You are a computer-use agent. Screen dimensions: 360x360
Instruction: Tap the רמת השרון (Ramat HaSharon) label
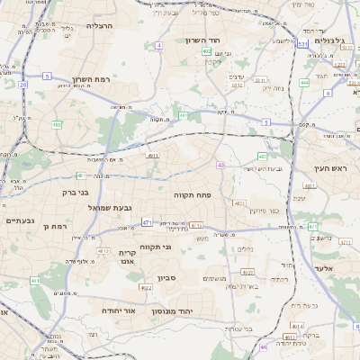pos(89,78)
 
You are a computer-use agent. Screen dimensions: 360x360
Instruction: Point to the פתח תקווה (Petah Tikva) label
pos(192,193)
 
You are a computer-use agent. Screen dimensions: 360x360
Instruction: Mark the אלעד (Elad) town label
pos(323,267)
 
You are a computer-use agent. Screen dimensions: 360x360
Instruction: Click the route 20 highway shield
pos(22,85)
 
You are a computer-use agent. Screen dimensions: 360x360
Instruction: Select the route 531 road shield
pos(302,43)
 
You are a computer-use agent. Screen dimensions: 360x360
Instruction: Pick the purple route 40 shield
pos(220,165)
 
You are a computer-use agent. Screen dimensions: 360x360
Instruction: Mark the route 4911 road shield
pos(154,155)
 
